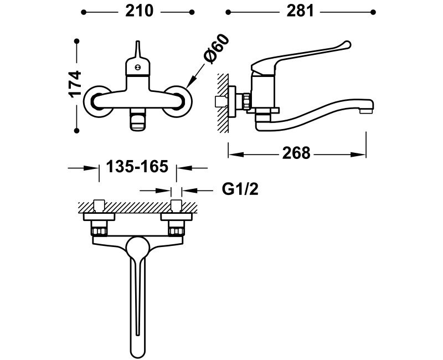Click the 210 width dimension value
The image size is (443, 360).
click(140, 12)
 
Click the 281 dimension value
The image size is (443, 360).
click(300, 12)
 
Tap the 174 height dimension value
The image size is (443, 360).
click(75, 84)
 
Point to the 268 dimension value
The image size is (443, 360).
click(296, 153)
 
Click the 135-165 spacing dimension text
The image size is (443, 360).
click(137, 167)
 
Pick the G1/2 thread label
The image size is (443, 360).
click(240, 189)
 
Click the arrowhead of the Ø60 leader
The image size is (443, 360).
click(189, 84)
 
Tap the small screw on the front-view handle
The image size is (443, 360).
click(137, 67)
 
